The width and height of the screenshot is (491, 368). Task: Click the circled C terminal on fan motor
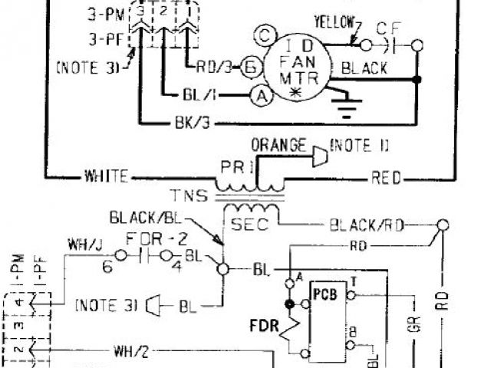click(x=263, y=34)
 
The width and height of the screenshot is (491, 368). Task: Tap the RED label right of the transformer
click(x=386, y=178)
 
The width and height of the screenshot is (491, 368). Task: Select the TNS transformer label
click(x=189, y=195)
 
